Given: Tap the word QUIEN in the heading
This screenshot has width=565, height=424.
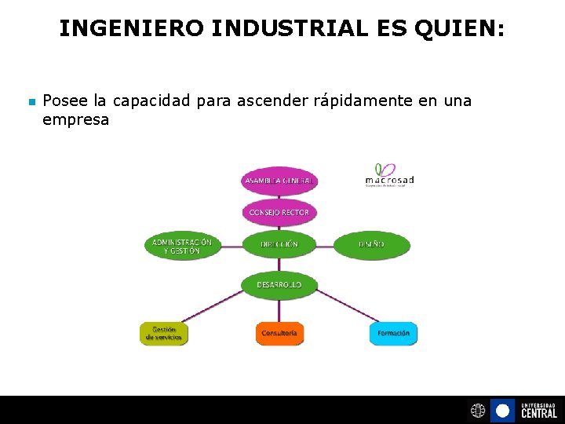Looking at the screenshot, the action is coord(460,29).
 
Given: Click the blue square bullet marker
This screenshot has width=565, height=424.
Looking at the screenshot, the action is coord(31,102).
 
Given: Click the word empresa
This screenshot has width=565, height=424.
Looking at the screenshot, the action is coord(75,120).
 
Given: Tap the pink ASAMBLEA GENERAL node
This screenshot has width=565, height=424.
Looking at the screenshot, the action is coord(279,181).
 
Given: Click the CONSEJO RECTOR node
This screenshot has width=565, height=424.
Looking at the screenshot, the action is coord(279,213).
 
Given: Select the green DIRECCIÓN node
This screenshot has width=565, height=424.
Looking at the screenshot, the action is coord(279,244).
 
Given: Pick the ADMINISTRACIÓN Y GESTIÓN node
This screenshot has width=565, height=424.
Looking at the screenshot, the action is coord(182,246).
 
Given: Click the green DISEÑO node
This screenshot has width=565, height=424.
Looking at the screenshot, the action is coord(372,244).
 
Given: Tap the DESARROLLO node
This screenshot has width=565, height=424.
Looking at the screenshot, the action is coord(279,284).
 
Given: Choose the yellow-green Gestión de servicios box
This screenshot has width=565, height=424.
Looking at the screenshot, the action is coord(164,333).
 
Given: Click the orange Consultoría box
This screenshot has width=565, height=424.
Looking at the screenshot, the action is coord(279,333).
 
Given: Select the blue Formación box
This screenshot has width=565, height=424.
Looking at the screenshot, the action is coord(393,333).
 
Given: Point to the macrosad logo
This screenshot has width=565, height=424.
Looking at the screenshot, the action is coord(389,175).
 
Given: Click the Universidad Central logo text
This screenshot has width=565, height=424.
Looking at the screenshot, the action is coord(538,410).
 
